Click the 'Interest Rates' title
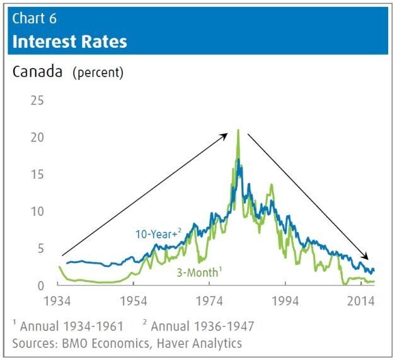(70, 42)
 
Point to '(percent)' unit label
(98, 72)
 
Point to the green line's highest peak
(238, 130)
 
